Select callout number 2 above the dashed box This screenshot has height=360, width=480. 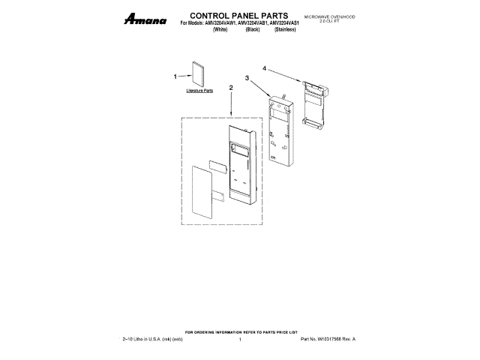click(x=231, y=88)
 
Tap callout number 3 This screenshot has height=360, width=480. click(x=247, y=77)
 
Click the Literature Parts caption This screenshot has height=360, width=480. click(x=199, y=90)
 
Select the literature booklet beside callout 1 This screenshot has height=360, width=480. click(x=199, y=75)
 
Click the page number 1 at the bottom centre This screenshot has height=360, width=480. click(x=239, y=340)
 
